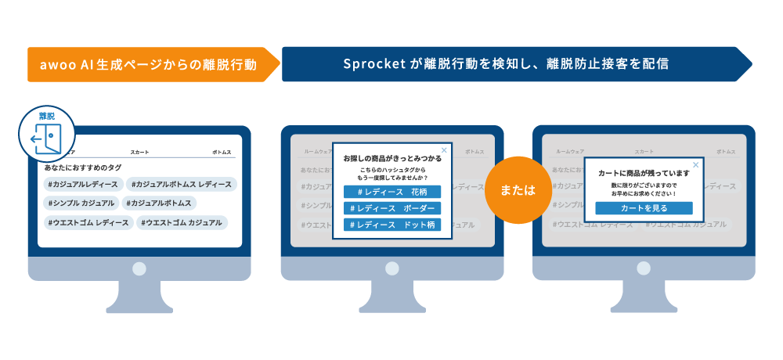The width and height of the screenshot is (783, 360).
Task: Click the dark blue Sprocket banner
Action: [x=509, y=64]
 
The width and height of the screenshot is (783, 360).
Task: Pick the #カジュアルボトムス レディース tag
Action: [x=182, y=184]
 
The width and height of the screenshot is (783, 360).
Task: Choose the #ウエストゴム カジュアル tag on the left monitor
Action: [x=182, y=223]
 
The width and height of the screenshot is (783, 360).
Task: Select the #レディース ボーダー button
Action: [x=392, y=208]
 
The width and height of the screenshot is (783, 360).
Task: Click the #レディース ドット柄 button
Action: [x=392, y=225]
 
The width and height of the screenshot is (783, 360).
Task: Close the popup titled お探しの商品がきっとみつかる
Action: [x=444, y=149]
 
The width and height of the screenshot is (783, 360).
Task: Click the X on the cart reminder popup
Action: [x=695, y=164]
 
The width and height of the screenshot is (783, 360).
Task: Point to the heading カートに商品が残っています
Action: [x=644, y=173]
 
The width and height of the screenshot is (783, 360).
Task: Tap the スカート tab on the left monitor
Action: [x=139, y=151]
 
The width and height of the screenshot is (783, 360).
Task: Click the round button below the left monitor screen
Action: [x=139, y=268]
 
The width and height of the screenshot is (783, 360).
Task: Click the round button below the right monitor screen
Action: [x=644, y=268]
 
